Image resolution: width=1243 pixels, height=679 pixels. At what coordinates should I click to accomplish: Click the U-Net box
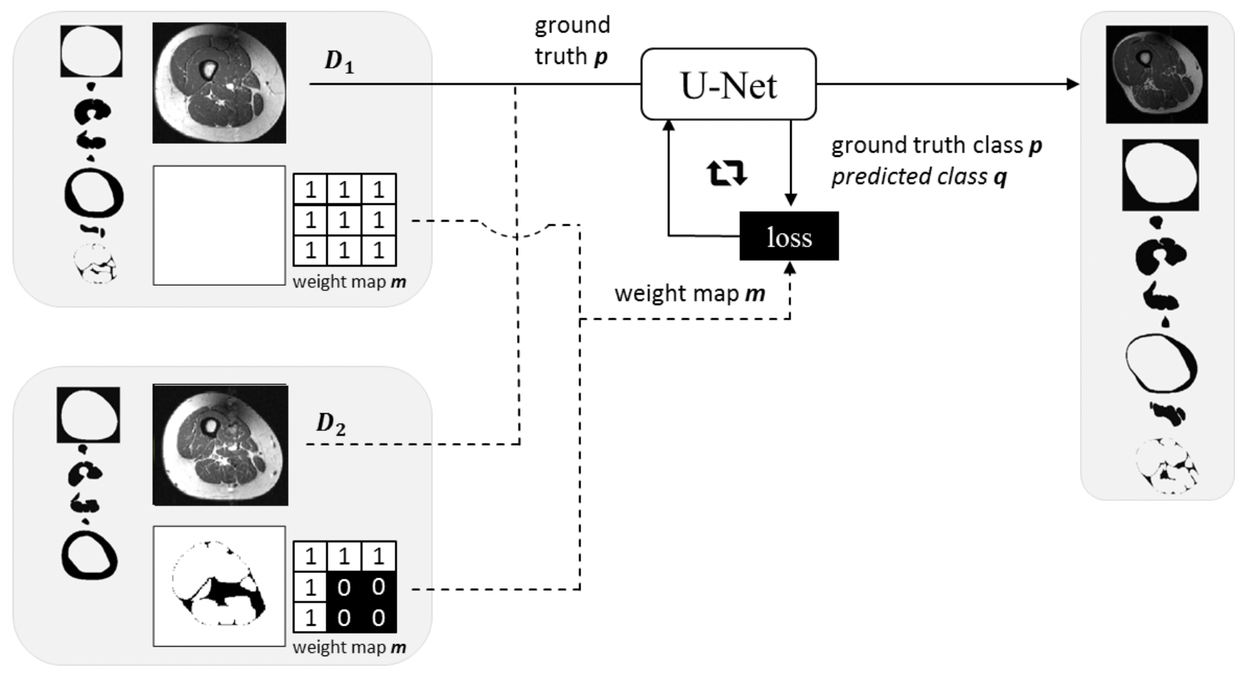[x=728, y=84]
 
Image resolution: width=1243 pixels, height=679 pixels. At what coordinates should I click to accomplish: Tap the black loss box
[x=789, y=236]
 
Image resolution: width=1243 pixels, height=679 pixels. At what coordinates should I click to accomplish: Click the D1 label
[x=339, y=61]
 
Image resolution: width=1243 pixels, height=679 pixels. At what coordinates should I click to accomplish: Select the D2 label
[x=331, y=423]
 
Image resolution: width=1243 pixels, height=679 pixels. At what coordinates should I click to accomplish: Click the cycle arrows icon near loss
[x=727, y=173]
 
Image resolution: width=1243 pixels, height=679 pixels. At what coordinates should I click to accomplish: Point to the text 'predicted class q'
[x=918, y=177]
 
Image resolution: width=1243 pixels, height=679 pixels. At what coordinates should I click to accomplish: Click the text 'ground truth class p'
[x=936, y=145]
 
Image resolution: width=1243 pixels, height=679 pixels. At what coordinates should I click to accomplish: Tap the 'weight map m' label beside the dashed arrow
[x=689, y=293]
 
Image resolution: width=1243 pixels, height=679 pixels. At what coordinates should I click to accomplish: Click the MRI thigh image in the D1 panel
[x=219, y=82]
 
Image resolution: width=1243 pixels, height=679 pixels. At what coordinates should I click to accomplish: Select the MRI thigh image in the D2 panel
[x=220, y=445]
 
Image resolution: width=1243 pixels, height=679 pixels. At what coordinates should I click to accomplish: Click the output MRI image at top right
[x=1156, y=74]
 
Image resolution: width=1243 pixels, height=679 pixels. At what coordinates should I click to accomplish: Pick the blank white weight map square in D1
[x=219, y=225]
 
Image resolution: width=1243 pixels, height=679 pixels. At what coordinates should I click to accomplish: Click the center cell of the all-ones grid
[x=344, y=219]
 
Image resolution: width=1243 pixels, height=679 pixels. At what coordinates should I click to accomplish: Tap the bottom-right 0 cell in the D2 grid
[x=378, y=617]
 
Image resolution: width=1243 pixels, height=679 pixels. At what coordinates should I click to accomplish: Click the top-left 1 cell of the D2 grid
[x=310, y=556]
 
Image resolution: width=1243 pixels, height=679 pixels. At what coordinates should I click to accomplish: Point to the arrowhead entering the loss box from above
[x=790, y=201]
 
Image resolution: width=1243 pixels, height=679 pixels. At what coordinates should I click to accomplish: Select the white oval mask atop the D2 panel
[x=88, y=415]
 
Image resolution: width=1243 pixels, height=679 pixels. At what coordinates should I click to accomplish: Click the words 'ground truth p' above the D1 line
[x=571, y=41]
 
